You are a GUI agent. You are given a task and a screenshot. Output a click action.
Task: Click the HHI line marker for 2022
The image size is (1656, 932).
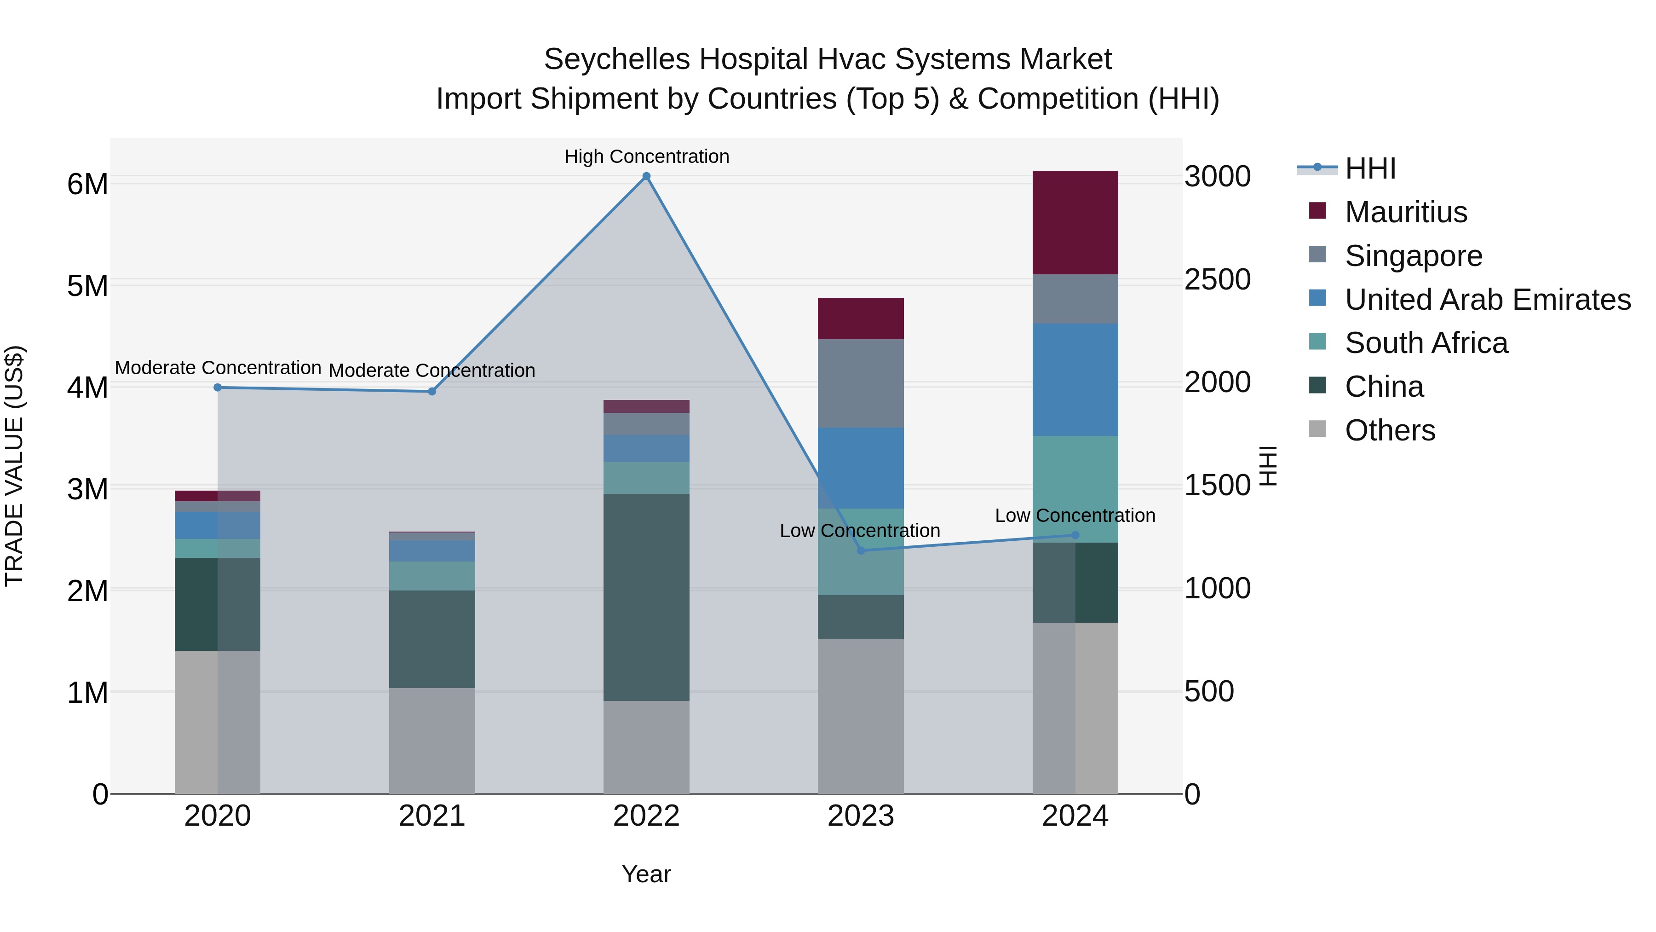tap(646, 176)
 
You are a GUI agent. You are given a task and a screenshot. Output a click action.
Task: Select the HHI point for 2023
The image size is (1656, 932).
tap(861, 550)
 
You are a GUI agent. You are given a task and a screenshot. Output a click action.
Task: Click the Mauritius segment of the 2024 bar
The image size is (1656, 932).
tap(1075, 223)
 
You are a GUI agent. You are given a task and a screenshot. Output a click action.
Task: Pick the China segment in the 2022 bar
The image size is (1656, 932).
tap(646, 597)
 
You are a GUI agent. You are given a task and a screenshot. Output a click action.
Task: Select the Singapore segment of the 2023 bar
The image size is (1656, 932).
tap(860, 383)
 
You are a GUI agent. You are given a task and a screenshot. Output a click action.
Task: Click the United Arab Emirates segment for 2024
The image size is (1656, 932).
tap(1075, 380)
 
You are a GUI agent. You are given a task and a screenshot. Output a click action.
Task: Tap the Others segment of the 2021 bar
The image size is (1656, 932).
tap(431, 741)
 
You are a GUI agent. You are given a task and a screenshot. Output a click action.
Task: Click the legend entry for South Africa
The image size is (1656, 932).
tap(1426, 343)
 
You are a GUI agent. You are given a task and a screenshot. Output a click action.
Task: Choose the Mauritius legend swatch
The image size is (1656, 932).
tap(1317, 211)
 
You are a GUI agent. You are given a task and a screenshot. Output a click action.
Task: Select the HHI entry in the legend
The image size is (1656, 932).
tap(1369, 168)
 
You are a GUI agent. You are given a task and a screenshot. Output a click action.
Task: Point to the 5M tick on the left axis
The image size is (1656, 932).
tap(87, 285)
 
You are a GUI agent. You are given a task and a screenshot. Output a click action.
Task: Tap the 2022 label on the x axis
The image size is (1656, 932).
tap(646, 816)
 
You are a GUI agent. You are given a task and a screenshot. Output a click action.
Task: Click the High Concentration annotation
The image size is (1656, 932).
tap(646, 156)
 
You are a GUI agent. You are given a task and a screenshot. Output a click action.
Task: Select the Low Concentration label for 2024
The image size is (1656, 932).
tap(1075, 515)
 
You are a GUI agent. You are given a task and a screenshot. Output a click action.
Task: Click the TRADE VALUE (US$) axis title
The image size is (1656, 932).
tap(14, 466)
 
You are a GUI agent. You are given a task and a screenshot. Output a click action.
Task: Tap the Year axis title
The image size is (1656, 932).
tap(646, 874)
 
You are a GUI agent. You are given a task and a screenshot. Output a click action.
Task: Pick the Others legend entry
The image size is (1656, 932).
tap(1389, 430)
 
